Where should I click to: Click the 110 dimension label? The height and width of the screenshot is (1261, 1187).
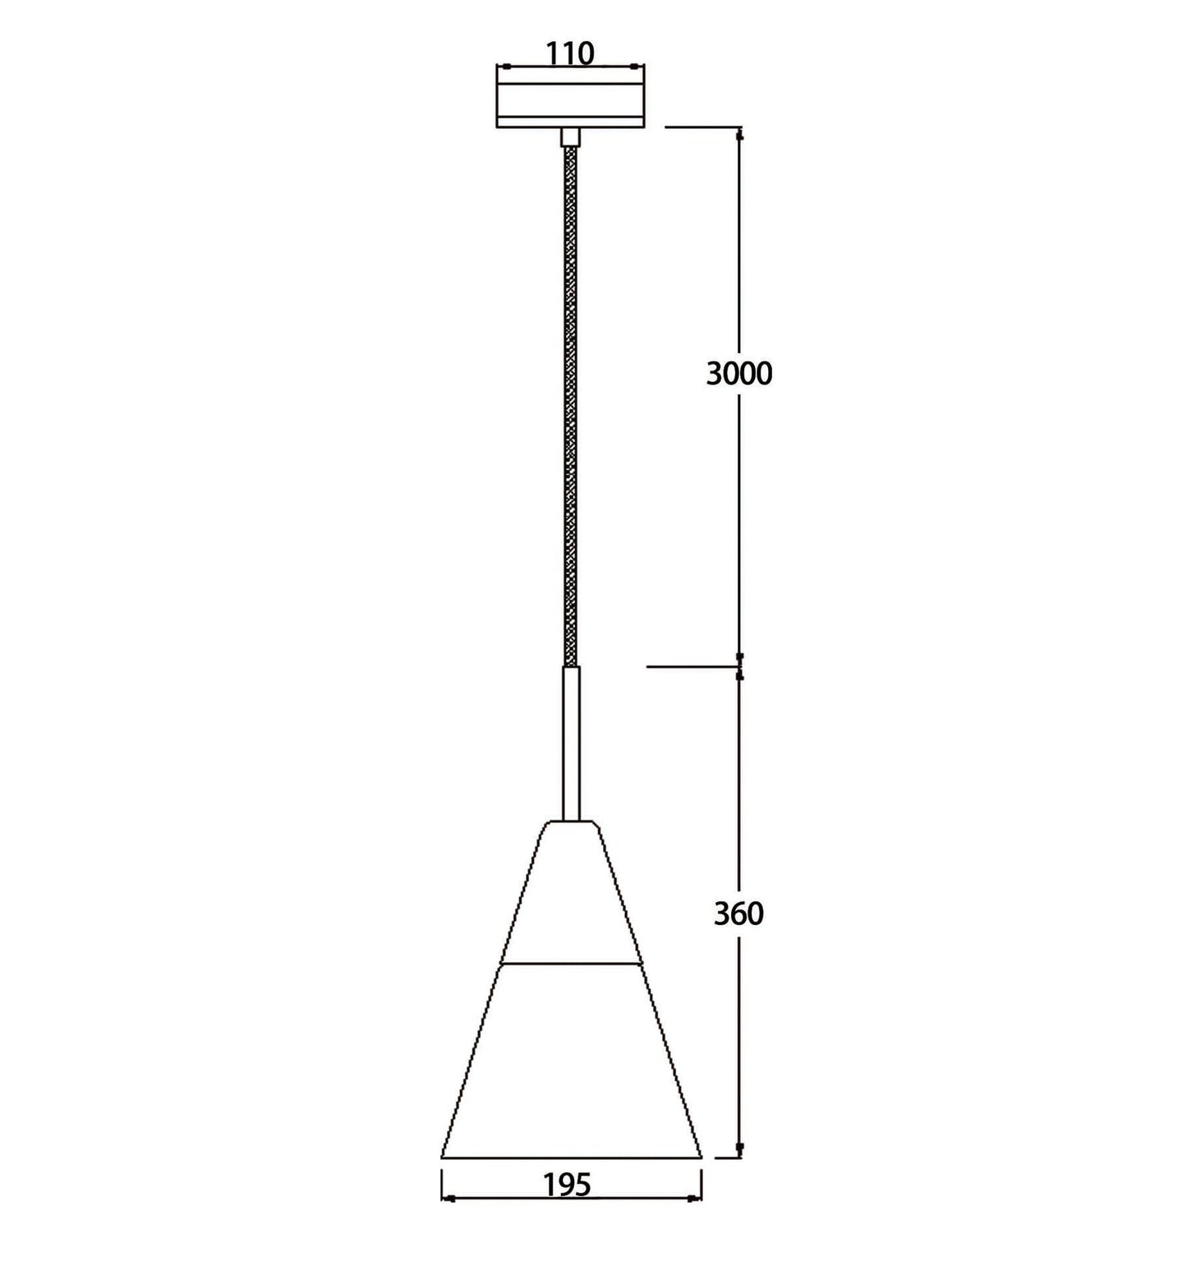click(x=570, y=53)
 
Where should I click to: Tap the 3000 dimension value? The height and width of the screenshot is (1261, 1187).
click(x=739, y=374)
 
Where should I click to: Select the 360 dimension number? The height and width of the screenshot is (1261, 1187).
click(x=738, y=914)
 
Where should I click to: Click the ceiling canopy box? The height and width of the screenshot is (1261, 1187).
click(x=571, y=97)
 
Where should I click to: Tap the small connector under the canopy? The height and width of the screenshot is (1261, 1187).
click(x=570, y=137)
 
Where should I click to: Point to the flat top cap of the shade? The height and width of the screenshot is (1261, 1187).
click(x=571, y=822)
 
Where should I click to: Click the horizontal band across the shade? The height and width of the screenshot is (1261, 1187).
click(x=571, y=961)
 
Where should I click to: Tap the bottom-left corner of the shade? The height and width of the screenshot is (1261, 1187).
click(x=443, y=1157)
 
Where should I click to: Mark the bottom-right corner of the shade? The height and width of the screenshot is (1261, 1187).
click(x=701, y=1157)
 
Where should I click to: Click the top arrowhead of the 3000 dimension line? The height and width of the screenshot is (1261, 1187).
click(x=740, y=136)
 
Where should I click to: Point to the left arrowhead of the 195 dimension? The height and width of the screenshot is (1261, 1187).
click(x=449, y=1199)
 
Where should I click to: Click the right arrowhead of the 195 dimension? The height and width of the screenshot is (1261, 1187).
click(x=696, y=1199)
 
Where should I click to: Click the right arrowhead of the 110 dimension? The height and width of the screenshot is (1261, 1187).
click(x=638, y=67)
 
